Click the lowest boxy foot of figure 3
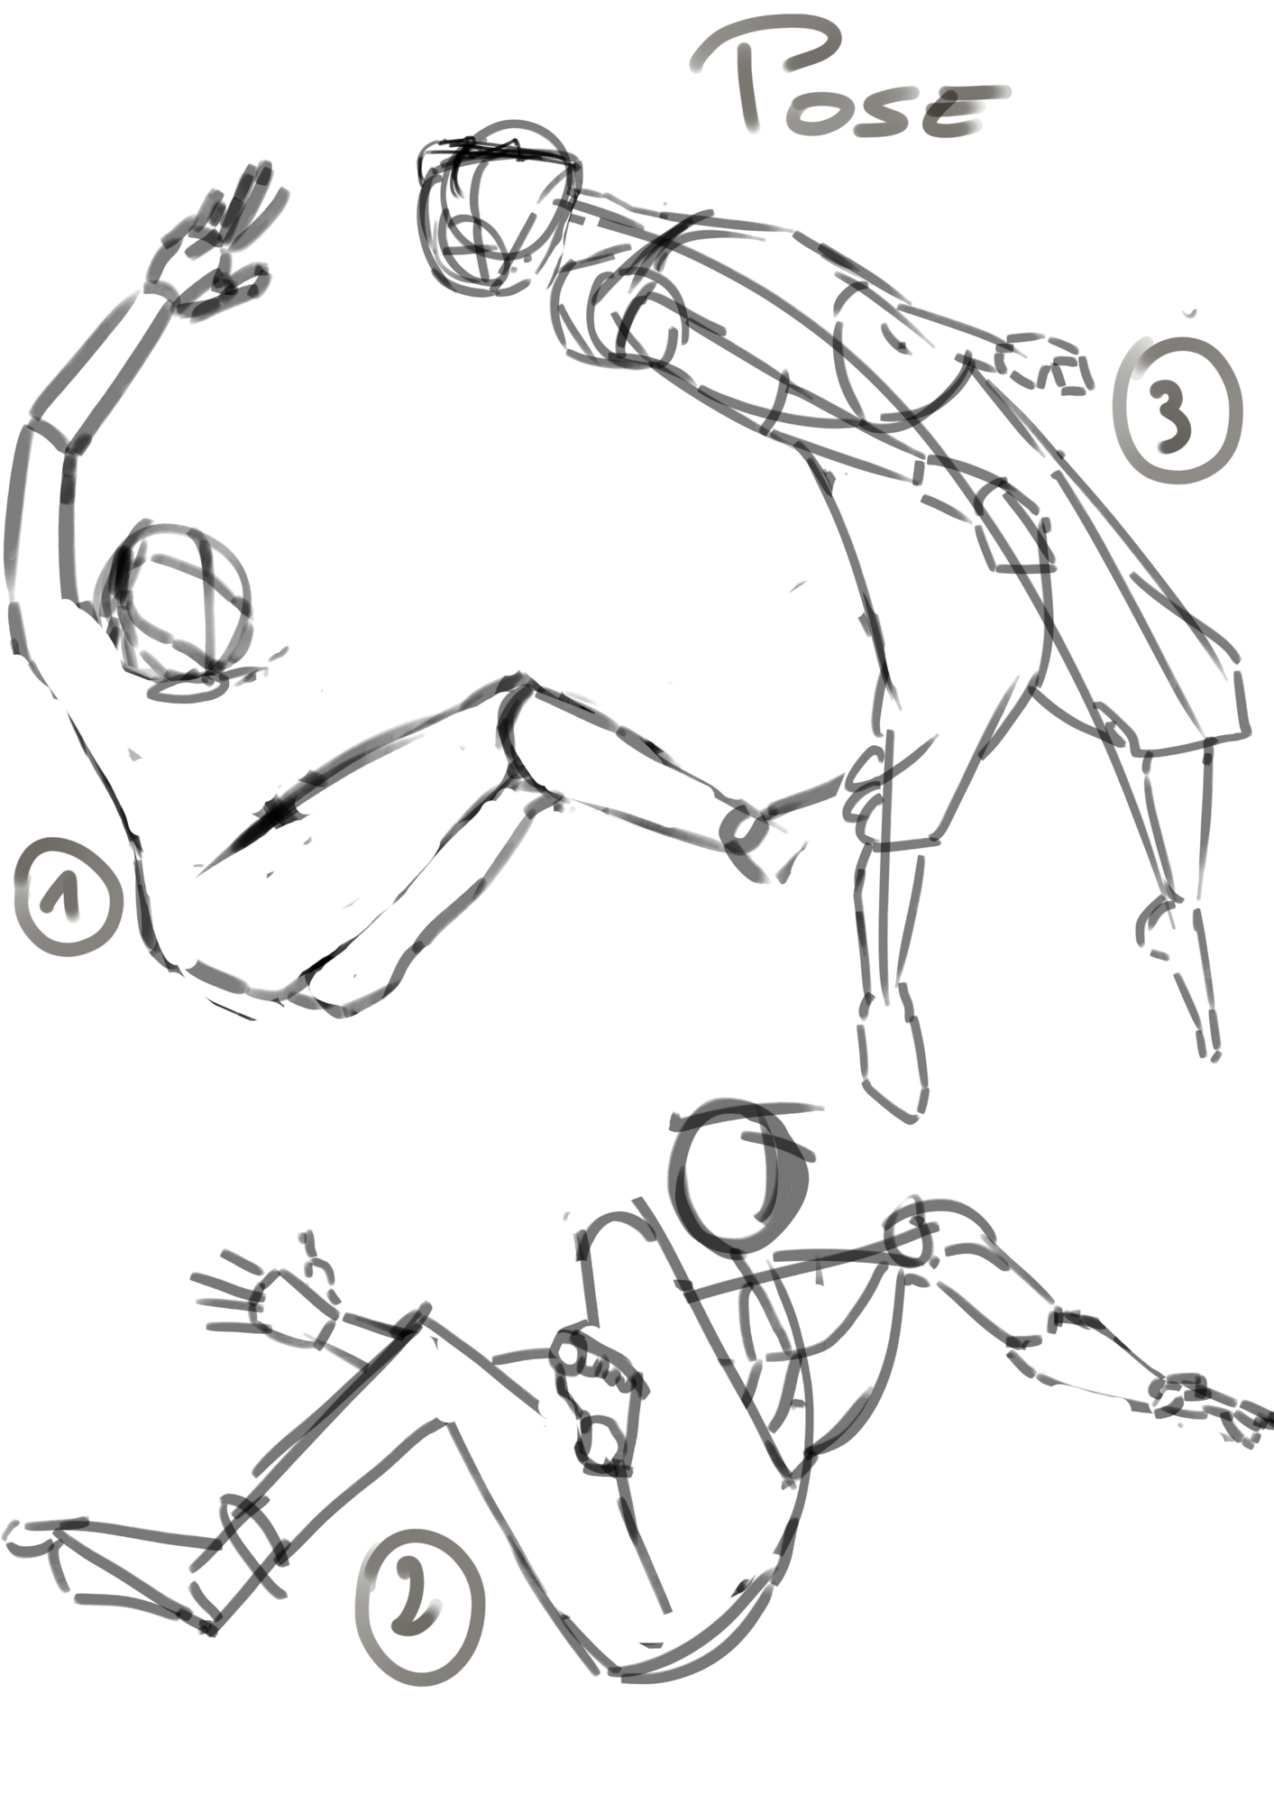(893, 1055)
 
